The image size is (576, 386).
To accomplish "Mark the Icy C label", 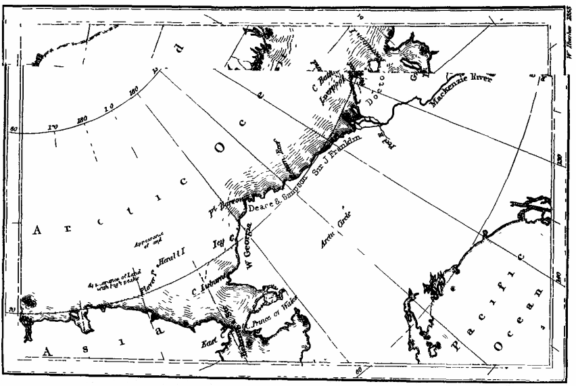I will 222,241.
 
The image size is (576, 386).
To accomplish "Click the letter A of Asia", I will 49,349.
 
